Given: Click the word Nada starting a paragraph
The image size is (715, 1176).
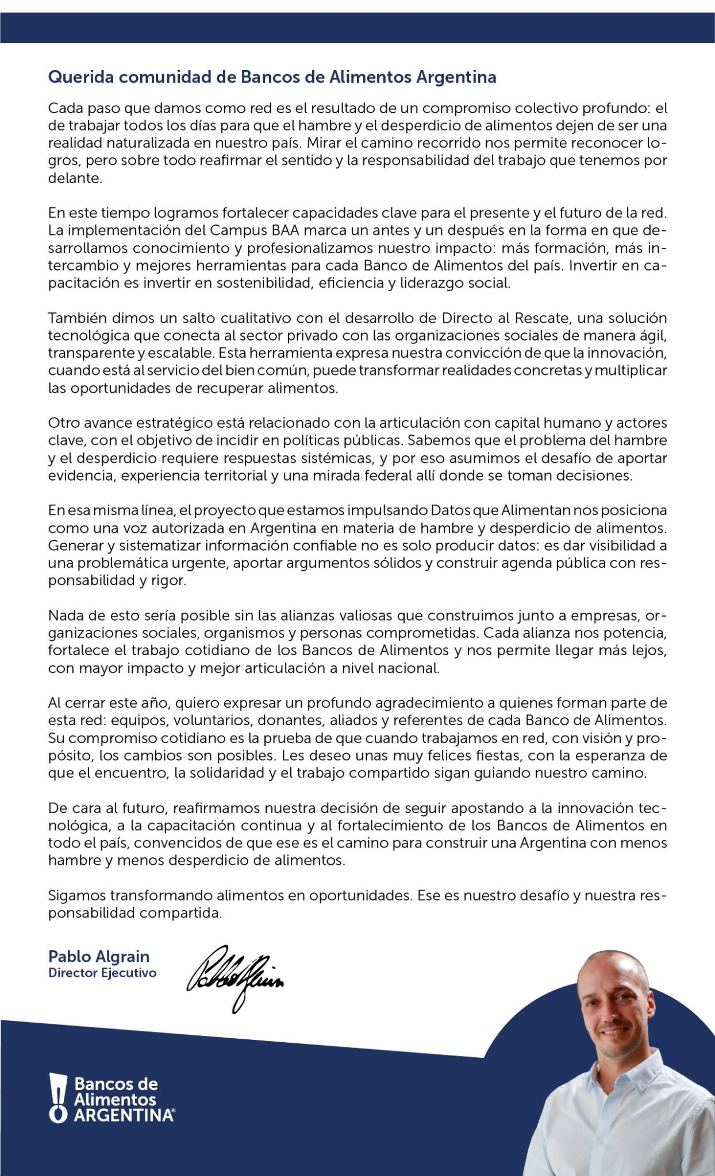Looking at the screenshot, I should tap(64, 616).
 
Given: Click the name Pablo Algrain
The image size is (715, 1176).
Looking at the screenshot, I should tap(99, 957).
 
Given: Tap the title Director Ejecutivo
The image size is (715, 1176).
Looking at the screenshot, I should tap(102, 973).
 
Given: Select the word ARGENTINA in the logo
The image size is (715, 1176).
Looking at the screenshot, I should tap(124, 1115).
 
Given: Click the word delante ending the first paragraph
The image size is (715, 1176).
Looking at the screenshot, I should tap(75, 178).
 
